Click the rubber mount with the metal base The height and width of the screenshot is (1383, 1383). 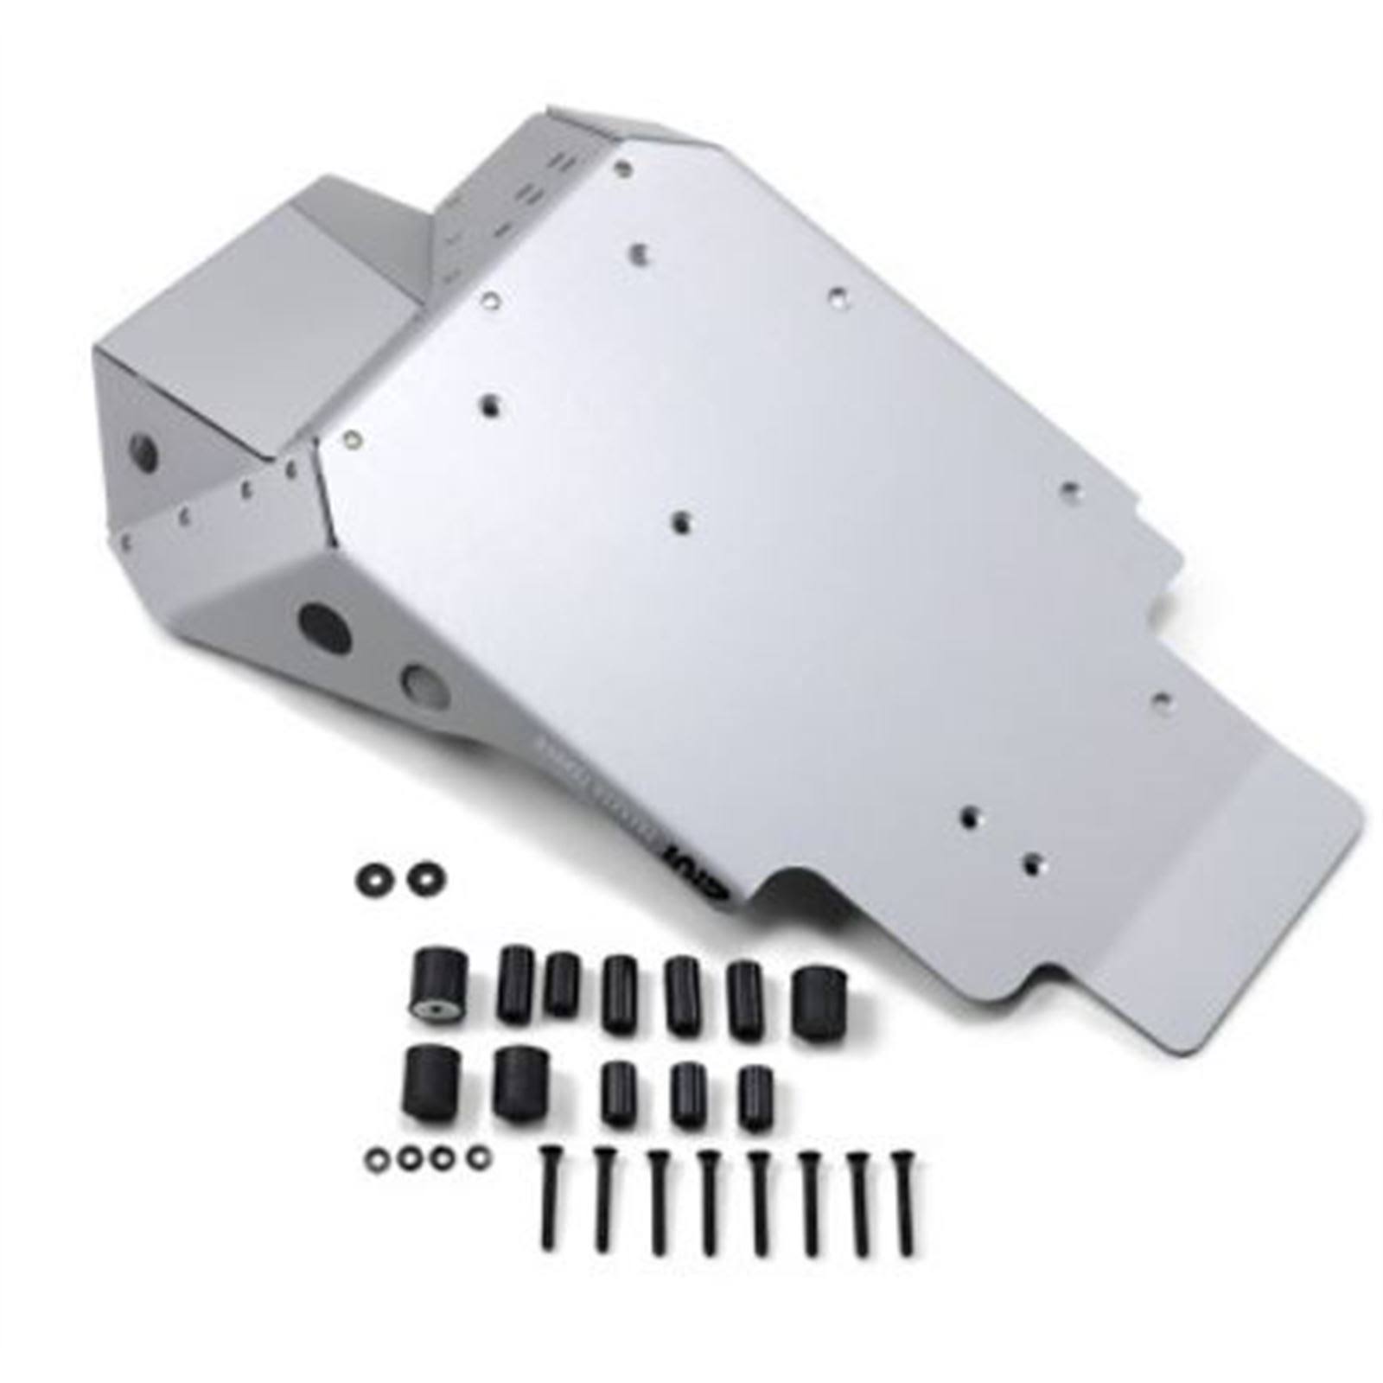tap(437, 985)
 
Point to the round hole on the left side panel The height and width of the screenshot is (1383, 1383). tap(143, 453)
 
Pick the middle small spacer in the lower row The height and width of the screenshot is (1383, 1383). tap(686, 1094)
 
